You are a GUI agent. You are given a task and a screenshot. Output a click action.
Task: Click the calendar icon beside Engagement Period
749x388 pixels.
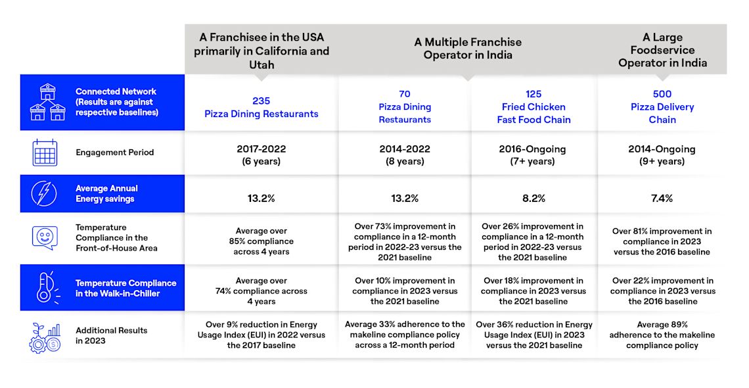[45, 153]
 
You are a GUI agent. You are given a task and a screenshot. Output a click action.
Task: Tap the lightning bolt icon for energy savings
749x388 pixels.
[44, 193]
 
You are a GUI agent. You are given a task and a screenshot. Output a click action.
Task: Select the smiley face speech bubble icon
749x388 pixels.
[45, 238]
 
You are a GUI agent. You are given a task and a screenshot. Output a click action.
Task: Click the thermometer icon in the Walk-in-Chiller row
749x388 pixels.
[47, 287]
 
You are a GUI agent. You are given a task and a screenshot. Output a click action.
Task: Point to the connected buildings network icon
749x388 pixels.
[48, 102]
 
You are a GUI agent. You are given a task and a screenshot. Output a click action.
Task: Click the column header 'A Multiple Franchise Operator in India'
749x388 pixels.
[468, 49]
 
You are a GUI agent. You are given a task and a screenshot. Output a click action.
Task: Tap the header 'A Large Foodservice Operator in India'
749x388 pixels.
[662, 50]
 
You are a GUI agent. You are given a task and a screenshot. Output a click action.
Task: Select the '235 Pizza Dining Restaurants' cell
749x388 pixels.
[261, 107]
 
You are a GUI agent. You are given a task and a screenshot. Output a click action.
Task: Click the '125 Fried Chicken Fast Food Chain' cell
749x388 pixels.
[533, 107]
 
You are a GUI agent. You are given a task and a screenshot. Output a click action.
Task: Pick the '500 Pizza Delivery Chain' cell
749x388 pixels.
[662, 107]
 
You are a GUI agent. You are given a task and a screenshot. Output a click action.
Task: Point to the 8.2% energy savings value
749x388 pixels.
[533, 199]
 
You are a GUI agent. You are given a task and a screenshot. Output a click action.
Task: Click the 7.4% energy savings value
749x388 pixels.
[662, 199]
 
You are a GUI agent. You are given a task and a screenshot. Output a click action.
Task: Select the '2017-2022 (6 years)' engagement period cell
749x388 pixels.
[261, 155]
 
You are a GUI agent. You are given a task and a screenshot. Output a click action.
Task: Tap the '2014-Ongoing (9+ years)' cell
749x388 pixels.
[662, 155]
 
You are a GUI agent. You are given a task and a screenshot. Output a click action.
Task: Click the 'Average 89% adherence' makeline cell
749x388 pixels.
[662, 335]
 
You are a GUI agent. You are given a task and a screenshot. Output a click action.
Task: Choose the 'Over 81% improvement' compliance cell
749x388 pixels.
[662, 241]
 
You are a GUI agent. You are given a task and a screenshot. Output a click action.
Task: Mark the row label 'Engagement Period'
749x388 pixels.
[114, 153]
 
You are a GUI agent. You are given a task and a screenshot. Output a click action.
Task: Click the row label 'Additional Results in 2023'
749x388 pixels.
[111, 335]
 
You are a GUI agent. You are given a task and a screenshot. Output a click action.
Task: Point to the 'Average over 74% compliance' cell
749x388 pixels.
[261, 291]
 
